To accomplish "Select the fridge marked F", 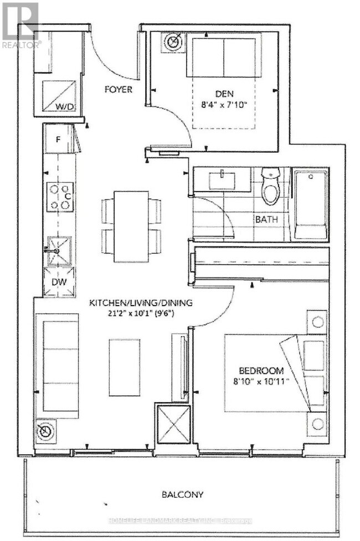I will pos(58,137).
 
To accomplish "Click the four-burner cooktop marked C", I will pos(60,197).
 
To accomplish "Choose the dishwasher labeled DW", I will pos(59,281).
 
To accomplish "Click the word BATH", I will pos(266,219).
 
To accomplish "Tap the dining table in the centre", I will pos(131,226).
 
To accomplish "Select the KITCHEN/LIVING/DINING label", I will pos(141,302).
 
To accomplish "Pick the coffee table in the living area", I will pos(124,368).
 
